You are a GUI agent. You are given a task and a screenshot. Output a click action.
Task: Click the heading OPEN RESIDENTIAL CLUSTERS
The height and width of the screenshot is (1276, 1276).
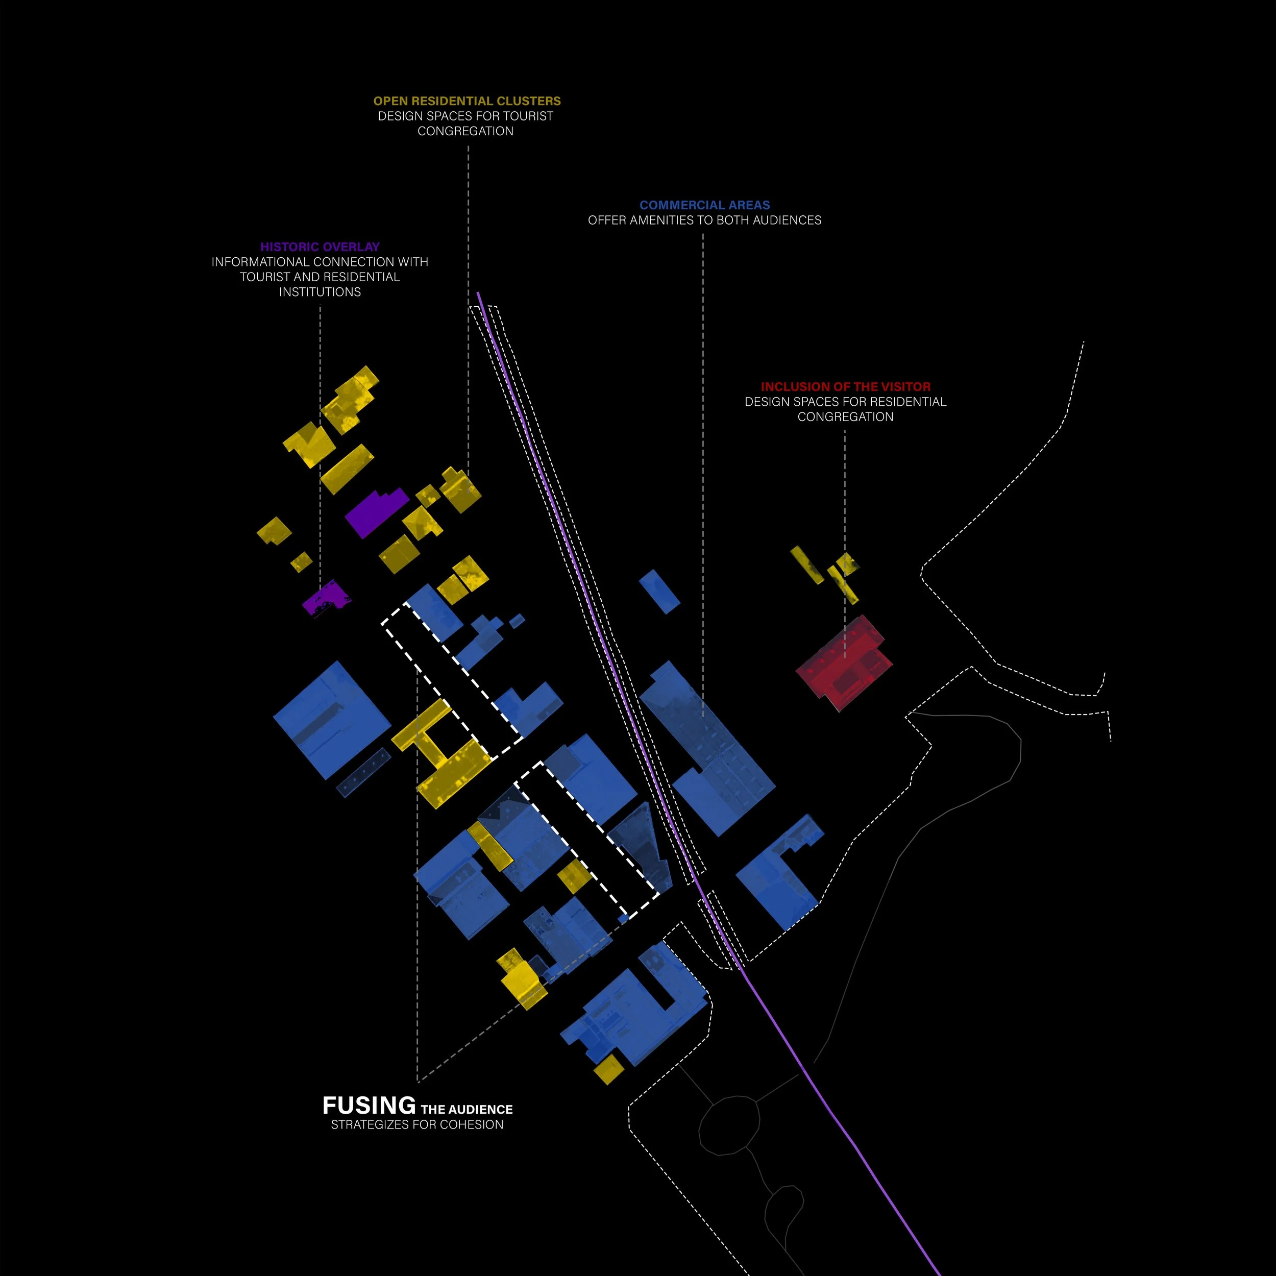point(467,101)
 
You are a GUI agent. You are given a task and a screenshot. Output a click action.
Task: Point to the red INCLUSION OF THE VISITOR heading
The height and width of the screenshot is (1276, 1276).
point(845,386)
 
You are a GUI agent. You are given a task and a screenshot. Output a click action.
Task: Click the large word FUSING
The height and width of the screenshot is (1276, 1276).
point(369,1106)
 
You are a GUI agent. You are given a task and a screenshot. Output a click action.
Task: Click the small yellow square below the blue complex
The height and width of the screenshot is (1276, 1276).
point(607,1069)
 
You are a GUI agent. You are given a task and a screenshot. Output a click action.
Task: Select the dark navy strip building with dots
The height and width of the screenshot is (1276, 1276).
point(364,772)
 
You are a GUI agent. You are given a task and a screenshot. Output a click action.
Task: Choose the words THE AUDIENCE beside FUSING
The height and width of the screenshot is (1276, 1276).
point(467,1110)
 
